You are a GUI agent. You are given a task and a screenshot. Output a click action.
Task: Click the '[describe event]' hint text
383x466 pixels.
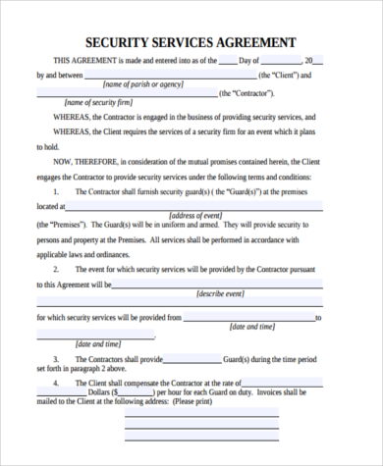tap(222, 293)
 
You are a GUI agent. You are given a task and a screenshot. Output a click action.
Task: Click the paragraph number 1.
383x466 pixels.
tap(57, 191)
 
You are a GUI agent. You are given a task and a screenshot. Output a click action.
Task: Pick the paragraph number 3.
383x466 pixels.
tap(57, 359)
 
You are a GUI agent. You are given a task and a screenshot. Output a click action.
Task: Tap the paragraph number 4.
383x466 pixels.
tap(57, 383)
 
